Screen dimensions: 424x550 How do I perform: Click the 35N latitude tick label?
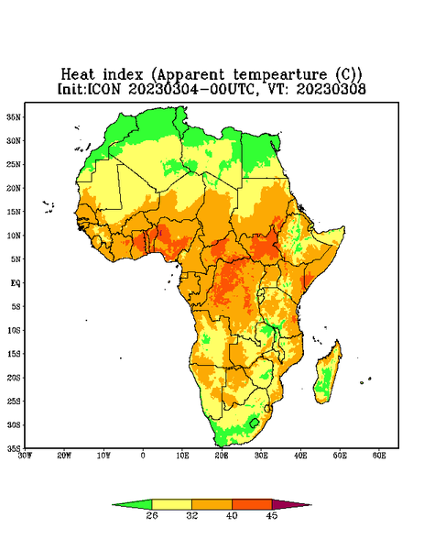point(14,116)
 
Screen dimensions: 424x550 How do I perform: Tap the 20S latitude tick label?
point(14,378)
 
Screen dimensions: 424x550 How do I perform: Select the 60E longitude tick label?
point(379,456)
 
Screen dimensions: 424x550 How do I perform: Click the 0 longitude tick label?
point(143,456)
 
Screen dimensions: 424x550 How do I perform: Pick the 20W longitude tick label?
point(64,456)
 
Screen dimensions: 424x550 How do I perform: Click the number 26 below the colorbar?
point(152,515)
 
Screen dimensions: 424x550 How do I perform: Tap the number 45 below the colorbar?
point(272,515)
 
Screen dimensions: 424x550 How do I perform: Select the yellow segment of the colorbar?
point(171,504)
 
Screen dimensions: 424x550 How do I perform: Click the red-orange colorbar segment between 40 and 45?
point(252,504)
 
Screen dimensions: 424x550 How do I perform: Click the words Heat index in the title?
point(103,75)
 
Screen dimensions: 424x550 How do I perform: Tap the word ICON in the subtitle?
point(103,89)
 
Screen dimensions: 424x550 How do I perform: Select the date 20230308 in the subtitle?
point(332,89)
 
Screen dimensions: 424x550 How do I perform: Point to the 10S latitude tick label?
point(14,330)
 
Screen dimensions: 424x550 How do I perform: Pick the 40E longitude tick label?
point(300,456)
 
